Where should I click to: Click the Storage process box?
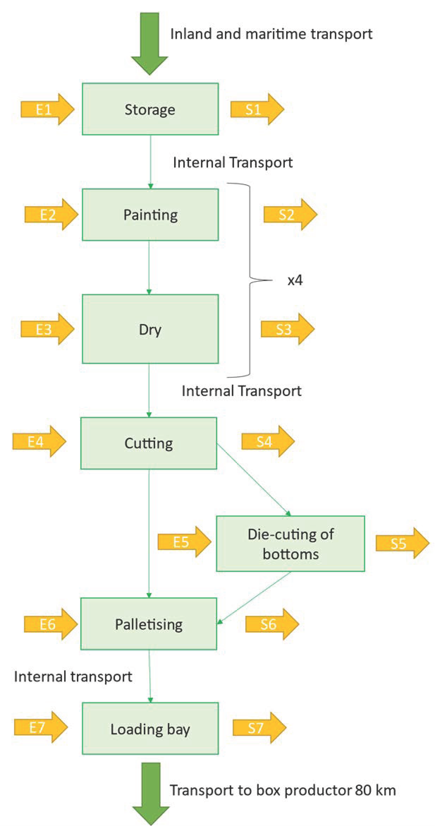(150, 109)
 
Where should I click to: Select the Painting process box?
(150, 214)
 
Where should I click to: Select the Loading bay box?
(150, 729)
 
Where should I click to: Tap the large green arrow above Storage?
(149, 42)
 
